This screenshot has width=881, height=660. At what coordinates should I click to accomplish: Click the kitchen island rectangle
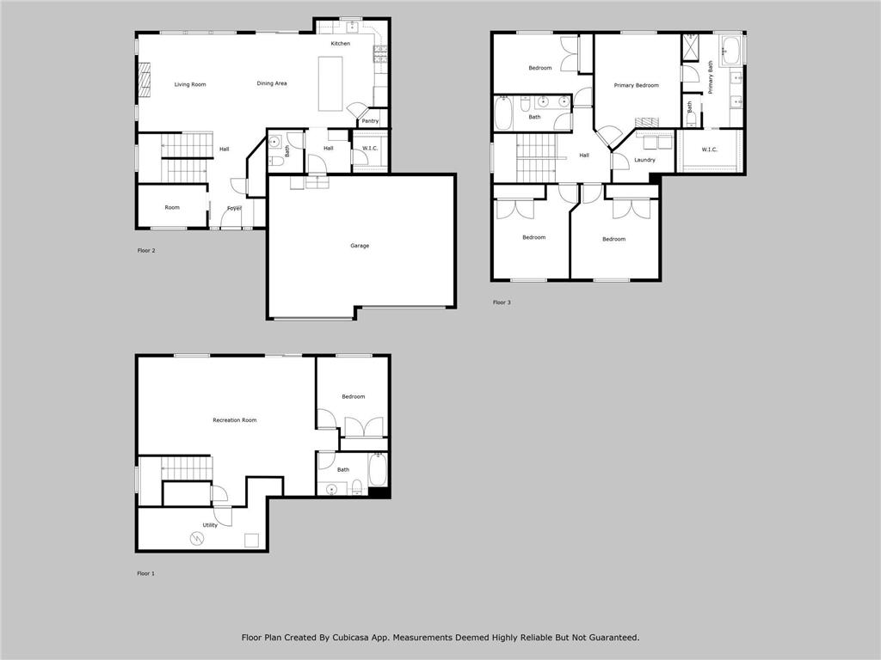pos(330,83)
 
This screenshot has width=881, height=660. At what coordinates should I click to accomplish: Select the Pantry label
pos(370,121)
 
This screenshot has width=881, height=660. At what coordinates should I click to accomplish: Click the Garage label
pos(360,246)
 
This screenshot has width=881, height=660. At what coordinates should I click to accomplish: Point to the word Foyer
pos(234,209)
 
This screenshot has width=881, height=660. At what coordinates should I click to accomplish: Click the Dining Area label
pos(272,83)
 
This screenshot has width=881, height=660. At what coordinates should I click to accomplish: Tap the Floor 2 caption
pos(146,251)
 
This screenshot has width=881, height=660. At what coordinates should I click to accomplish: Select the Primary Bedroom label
pos(636,85)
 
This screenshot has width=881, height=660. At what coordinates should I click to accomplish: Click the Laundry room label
pos(644,160)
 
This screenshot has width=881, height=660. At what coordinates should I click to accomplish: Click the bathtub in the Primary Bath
pos(730,49)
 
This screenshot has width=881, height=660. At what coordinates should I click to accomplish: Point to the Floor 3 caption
pos(501,302)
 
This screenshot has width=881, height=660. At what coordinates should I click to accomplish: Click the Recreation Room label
pos(235,420)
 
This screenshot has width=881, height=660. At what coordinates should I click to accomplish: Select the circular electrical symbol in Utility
pos(196,539)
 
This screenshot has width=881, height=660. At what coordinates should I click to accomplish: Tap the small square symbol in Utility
pos(251,540)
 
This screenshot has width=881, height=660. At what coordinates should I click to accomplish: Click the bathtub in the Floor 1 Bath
pos(377,470)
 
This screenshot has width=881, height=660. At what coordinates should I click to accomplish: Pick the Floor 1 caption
pos(146,573)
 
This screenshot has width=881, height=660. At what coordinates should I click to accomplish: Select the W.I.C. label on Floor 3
pos(709,150)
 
